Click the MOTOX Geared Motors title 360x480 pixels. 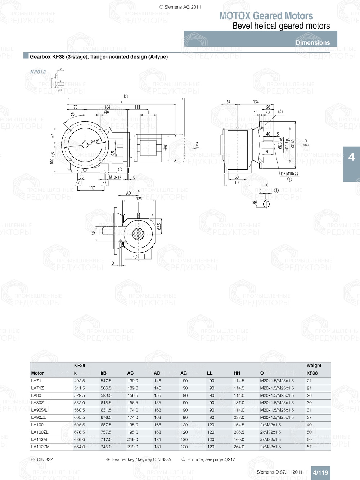[x=266, y=16]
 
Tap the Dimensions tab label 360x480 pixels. [x=312, y=42]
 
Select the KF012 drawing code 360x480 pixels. [x=38, y=72]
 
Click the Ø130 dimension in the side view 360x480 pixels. [x=95, y=141]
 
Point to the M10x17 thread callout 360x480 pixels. [x=115, y=177]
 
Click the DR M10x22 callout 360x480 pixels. [x=289, y=174]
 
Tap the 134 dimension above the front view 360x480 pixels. [x=256, y=102]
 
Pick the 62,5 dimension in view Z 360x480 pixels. [x=159, y=227]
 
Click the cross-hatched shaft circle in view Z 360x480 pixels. [x=138, y=234]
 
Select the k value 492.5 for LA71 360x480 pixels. [x=80, y=381]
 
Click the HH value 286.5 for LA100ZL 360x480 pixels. [x=239, y=432]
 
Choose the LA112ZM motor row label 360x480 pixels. [x=40, y=447]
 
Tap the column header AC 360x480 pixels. [x=130, y=373]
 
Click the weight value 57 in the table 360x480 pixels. [x=309, y=447]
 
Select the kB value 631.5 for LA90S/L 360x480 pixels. [x=106, y=410]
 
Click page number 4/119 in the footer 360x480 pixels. [x=320, y=473]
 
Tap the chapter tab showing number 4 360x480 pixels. [x=351, y=157]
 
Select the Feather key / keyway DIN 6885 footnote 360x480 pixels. [x=141, y=459]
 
